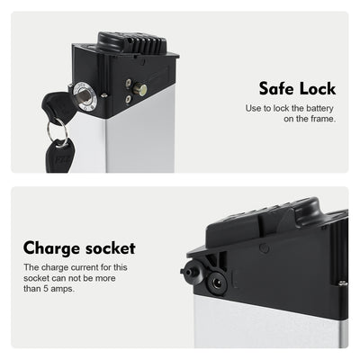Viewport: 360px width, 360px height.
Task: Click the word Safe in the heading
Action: (x=277, y=89)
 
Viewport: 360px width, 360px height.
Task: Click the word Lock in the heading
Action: (x=316, y=89)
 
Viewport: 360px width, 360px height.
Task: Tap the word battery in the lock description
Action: (x=316, y=108)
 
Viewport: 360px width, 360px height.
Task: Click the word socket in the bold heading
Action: (x=109, y=247)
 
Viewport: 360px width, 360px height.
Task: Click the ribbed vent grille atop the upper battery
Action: (x=138, y=42)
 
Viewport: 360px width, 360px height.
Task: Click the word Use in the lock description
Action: (x=253, y=108)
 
